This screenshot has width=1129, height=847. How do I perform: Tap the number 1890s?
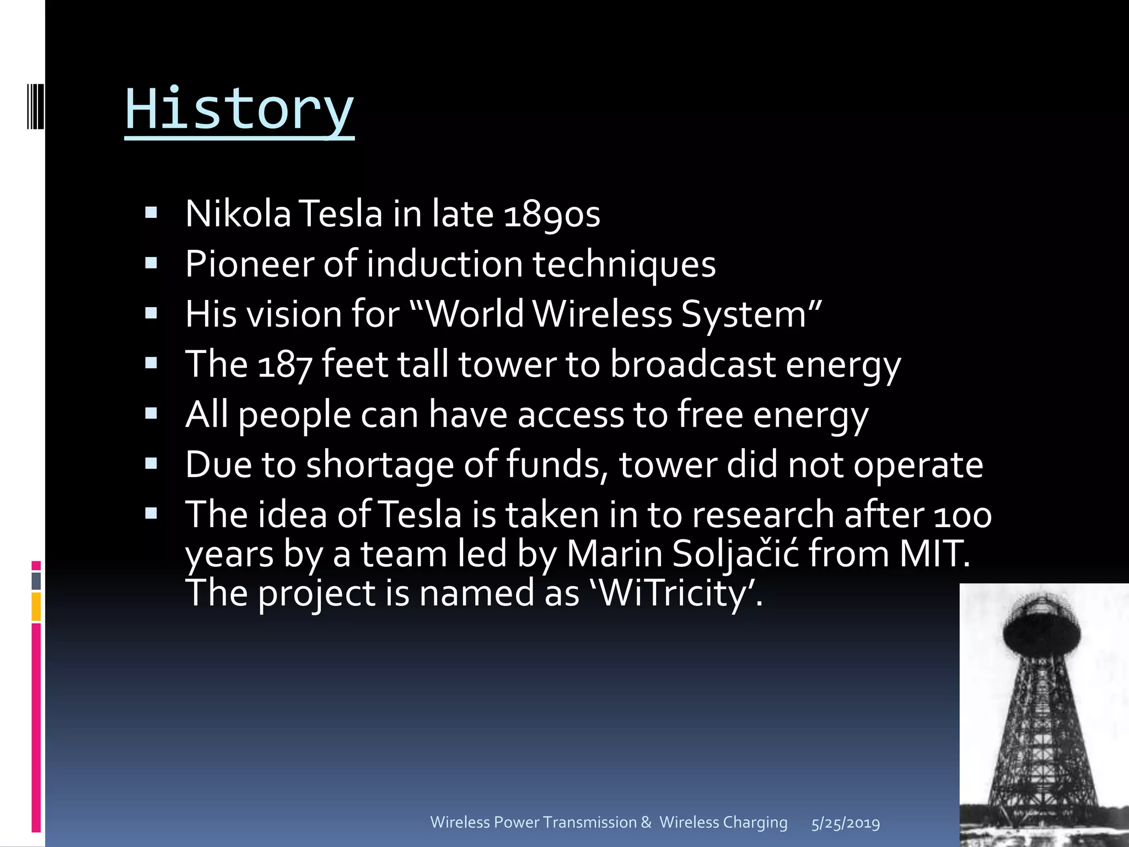(x=552, y=215)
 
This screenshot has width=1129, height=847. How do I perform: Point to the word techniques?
(x=623, y=264)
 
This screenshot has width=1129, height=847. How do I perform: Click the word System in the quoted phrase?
(x=744, y=314)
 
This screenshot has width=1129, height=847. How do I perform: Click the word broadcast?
(x=692, y=364)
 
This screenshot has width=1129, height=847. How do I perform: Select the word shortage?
(x=379, y=465)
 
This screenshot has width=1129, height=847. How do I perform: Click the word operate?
(x=918, y=465)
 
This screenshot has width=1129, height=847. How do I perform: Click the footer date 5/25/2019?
(x=845, y=823)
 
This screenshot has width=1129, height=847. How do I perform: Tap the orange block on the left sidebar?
(x=36, y=607)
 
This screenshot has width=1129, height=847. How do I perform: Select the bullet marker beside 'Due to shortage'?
(x=151, y=464)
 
